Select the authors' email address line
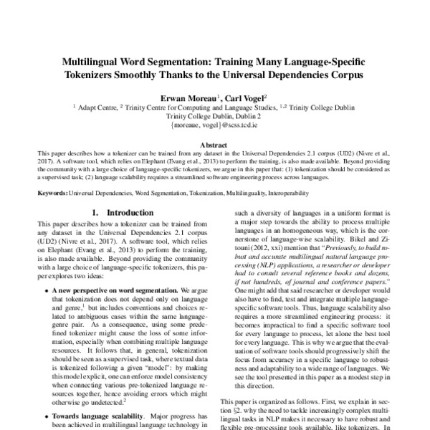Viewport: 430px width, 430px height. (214, 124)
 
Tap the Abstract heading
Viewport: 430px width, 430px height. (214, 143)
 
